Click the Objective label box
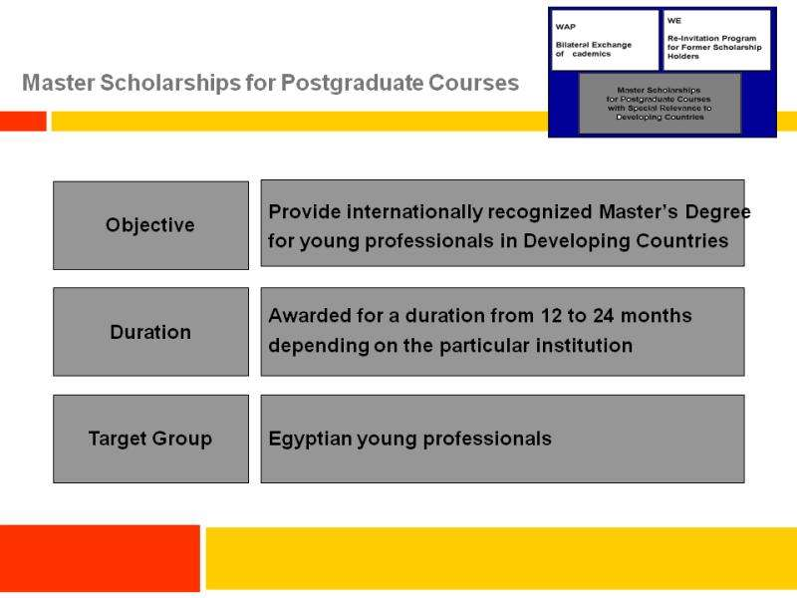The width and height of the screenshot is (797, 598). (151, 225)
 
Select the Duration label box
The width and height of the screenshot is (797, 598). (151, 332)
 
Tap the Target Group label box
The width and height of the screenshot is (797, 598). (151, 439)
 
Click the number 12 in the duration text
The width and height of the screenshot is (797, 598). (551, 316)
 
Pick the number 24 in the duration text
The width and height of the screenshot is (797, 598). (604, 316)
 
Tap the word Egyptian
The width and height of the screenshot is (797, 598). (310, 440)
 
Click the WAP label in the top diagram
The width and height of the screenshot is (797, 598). (565, 27)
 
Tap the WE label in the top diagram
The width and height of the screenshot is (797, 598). (674, 21)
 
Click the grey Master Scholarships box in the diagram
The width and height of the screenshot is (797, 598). (660, 104)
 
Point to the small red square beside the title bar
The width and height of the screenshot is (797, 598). (23, 122)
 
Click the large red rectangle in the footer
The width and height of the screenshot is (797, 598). (100, 558)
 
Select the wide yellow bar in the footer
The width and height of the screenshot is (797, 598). (501, 558)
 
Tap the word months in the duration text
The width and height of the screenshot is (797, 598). (657, 316)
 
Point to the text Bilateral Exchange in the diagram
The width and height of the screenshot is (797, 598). (593, 45)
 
